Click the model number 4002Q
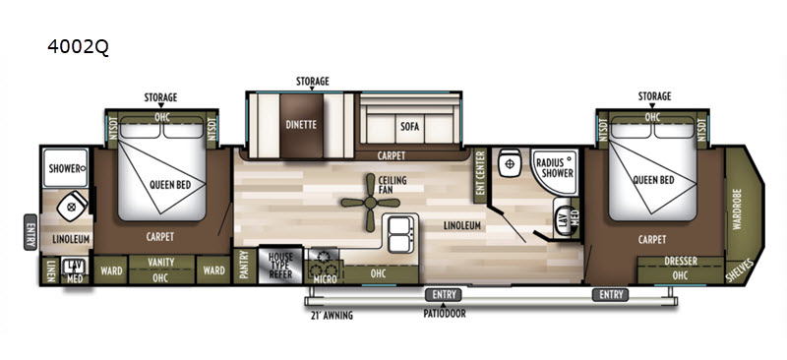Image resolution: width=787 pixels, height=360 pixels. tap(78, 46)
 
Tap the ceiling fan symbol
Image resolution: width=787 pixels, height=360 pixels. tap(370, 203)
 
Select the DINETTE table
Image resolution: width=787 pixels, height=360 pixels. tap(301, 125)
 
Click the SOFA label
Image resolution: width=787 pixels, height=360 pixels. tap(406, 126)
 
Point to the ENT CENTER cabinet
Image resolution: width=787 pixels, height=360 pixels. tap(480, 176)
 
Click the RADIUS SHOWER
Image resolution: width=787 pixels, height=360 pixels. tap(555, 170)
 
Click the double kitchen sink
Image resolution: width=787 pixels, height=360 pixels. tap(401, 233)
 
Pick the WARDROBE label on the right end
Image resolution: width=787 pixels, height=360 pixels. tap(737, 209)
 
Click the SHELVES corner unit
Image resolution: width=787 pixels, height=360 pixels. tap(742, 271)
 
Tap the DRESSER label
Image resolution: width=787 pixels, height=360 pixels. tap(681, 261)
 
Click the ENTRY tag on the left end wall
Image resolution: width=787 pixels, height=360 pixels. tap(30, 231)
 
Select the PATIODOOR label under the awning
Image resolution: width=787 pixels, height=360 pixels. tap(443, 315)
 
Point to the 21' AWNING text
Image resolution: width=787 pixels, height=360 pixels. tap(332, 316)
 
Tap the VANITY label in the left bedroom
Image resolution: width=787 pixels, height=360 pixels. tap(161, 262)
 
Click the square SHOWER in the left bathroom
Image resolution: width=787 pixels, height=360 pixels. tap(66, 167)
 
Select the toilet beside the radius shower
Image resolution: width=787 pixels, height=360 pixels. tap(510, 163)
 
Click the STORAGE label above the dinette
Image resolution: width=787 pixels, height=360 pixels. tap(312, 81)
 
